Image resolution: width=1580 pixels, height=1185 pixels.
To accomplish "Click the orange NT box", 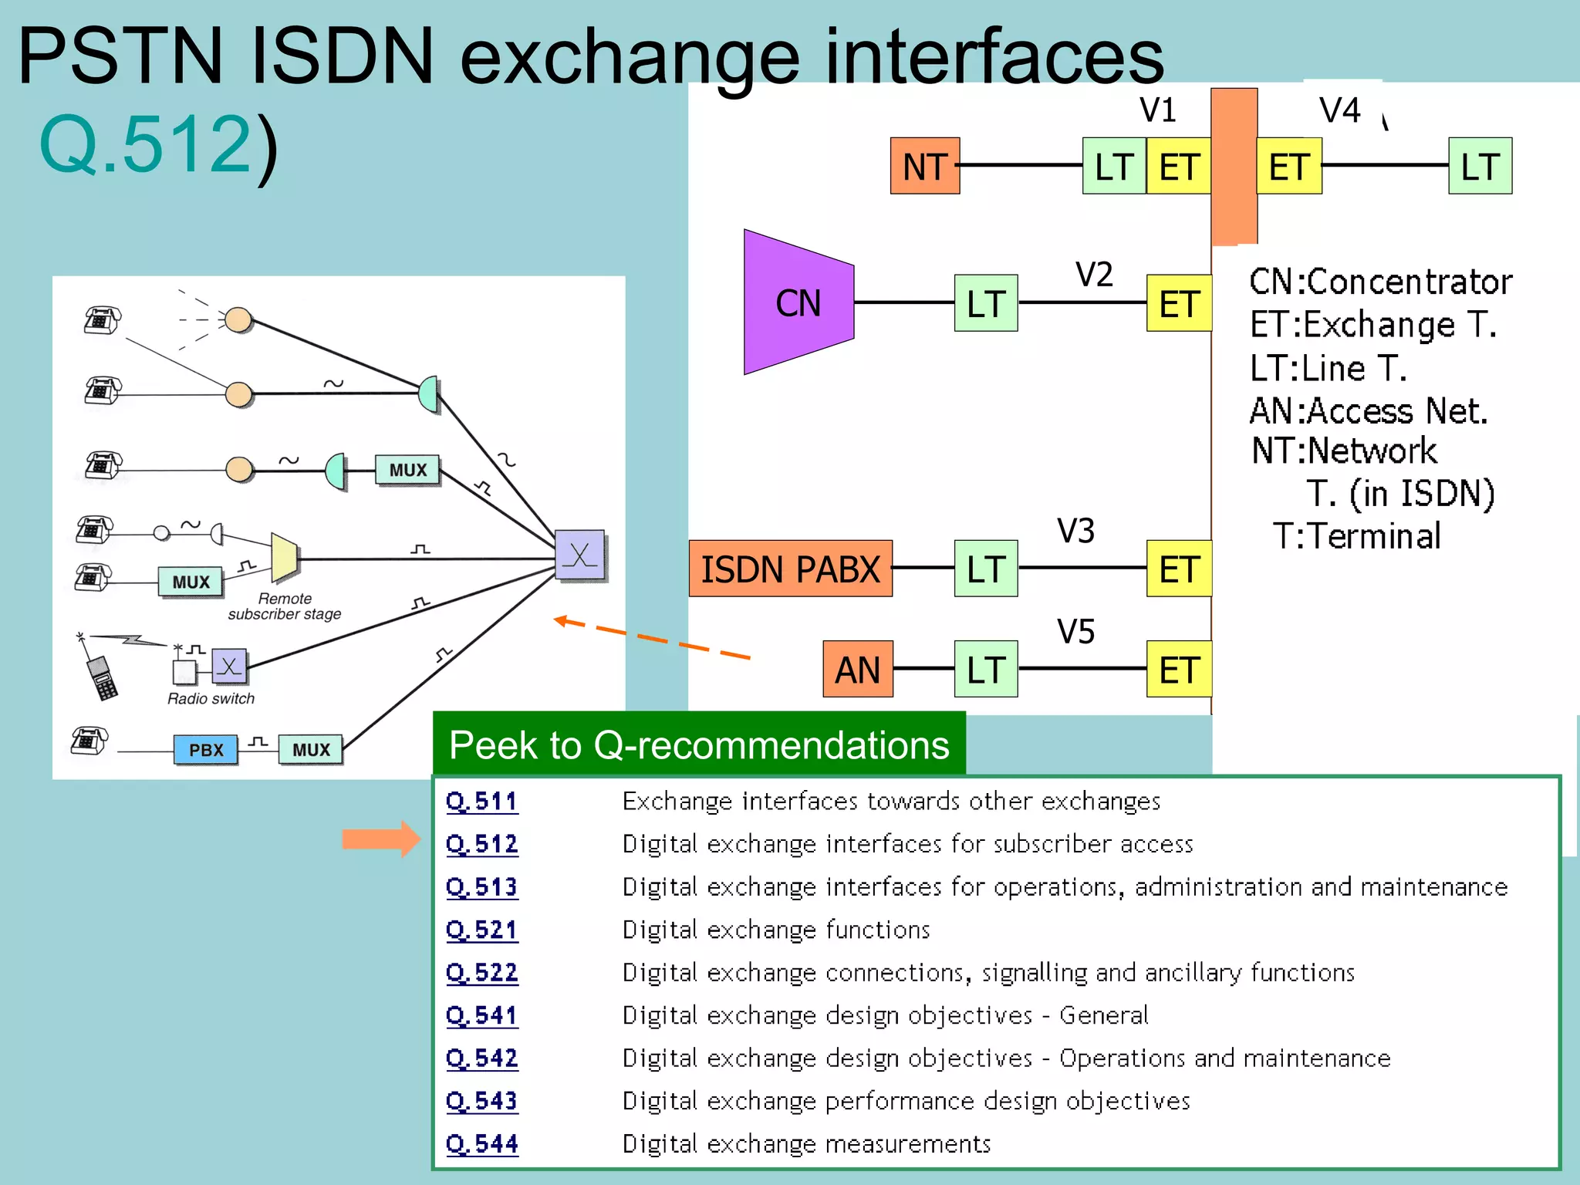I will [x=924, y=166].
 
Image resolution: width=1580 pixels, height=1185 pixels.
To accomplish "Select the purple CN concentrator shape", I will [x=798, y=302].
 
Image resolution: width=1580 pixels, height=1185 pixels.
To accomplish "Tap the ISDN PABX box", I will [x=790, y=569].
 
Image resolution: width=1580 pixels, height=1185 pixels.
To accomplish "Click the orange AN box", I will [x=857, y=670].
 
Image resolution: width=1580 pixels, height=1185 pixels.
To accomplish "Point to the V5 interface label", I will [x=1075, y=632].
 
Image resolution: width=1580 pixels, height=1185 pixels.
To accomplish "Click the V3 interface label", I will [x=1075, y=531].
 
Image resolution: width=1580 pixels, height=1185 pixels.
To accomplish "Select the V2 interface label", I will [x=1094, y=275].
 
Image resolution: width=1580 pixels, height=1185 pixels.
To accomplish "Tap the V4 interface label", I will [x=1339, y=110].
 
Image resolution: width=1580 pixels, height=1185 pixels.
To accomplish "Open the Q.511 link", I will [x=482, y=801].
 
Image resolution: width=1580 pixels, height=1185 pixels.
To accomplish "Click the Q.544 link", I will [x=482, y=1143].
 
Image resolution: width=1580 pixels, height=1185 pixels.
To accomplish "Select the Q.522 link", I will [x=482, y=972].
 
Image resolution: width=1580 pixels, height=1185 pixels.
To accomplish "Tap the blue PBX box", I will [x=205, y=750].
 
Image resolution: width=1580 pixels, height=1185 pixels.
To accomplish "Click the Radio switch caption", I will [x=211, y=698].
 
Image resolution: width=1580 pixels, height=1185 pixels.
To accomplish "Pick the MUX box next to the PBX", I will [x=311, y=750].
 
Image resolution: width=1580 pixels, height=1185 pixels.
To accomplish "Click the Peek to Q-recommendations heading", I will [x=699, y=745].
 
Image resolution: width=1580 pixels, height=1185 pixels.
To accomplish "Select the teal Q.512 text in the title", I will [x=145, y=143].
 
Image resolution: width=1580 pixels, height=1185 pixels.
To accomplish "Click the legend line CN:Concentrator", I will [x=1380, y=282].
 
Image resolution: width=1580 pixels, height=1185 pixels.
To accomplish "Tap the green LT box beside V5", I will [x=985, y=670].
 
